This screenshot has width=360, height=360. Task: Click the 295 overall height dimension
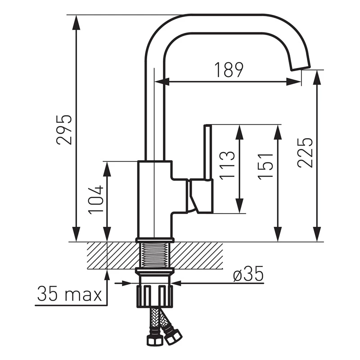click(64, 130)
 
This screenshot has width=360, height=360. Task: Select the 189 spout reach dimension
click(229, 70)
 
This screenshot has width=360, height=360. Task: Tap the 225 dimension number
click(305, 153)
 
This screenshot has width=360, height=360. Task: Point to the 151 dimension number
click(265, 165)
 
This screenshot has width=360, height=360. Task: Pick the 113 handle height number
click(227, 165)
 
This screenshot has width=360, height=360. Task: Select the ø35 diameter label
click(248, 274)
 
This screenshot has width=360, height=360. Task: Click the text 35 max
click(69, 293)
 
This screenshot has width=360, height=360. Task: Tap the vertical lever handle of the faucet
click(207, 152)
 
